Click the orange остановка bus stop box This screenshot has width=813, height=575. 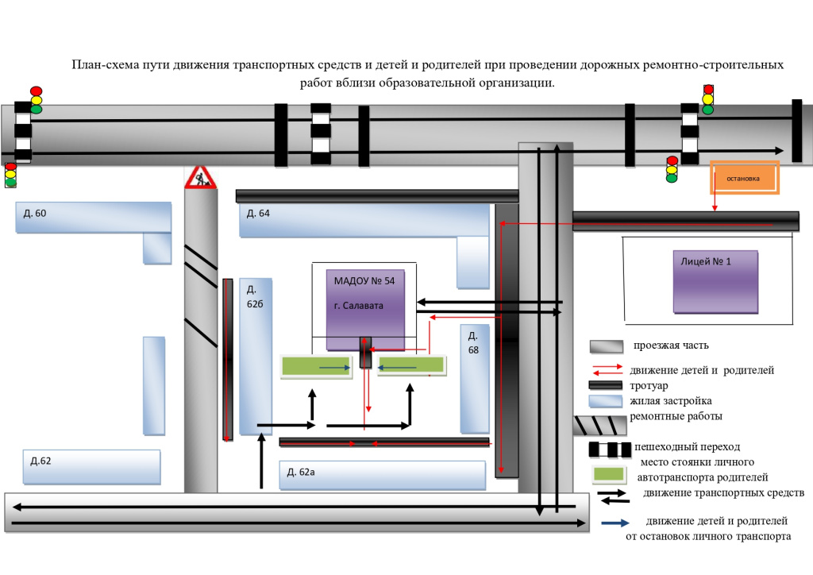pos(745,178)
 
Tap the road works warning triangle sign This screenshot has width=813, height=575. pos(200,177)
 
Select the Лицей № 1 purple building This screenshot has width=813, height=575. pos(715,282)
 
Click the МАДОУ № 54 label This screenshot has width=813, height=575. pos(364,281)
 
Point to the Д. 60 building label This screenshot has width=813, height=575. pos(35,213)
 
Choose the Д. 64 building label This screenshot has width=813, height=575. pos(258,213)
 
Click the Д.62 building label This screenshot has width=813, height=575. pos(41,461)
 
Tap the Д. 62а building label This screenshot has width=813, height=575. pos(301,472)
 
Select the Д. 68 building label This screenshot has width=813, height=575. pos(473,343)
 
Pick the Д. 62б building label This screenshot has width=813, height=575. pos(255,296)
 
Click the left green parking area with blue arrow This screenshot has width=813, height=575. pos(316,367)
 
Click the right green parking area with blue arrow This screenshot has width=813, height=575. pos(412,365)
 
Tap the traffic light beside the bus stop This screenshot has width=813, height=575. pos(672,169)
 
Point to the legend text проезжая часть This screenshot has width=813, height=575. pos(671,345)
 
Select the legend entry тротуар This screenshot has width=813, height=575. pos(649,386)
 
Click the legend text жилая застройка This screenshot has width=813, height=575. pos(670,401)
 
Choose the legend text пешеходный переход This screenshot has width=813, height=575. pos(687,447)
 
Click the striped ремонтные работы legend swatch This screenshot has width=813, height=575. pos(600,425)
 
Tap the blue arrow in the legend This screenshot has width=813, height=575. pos(615,523)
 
